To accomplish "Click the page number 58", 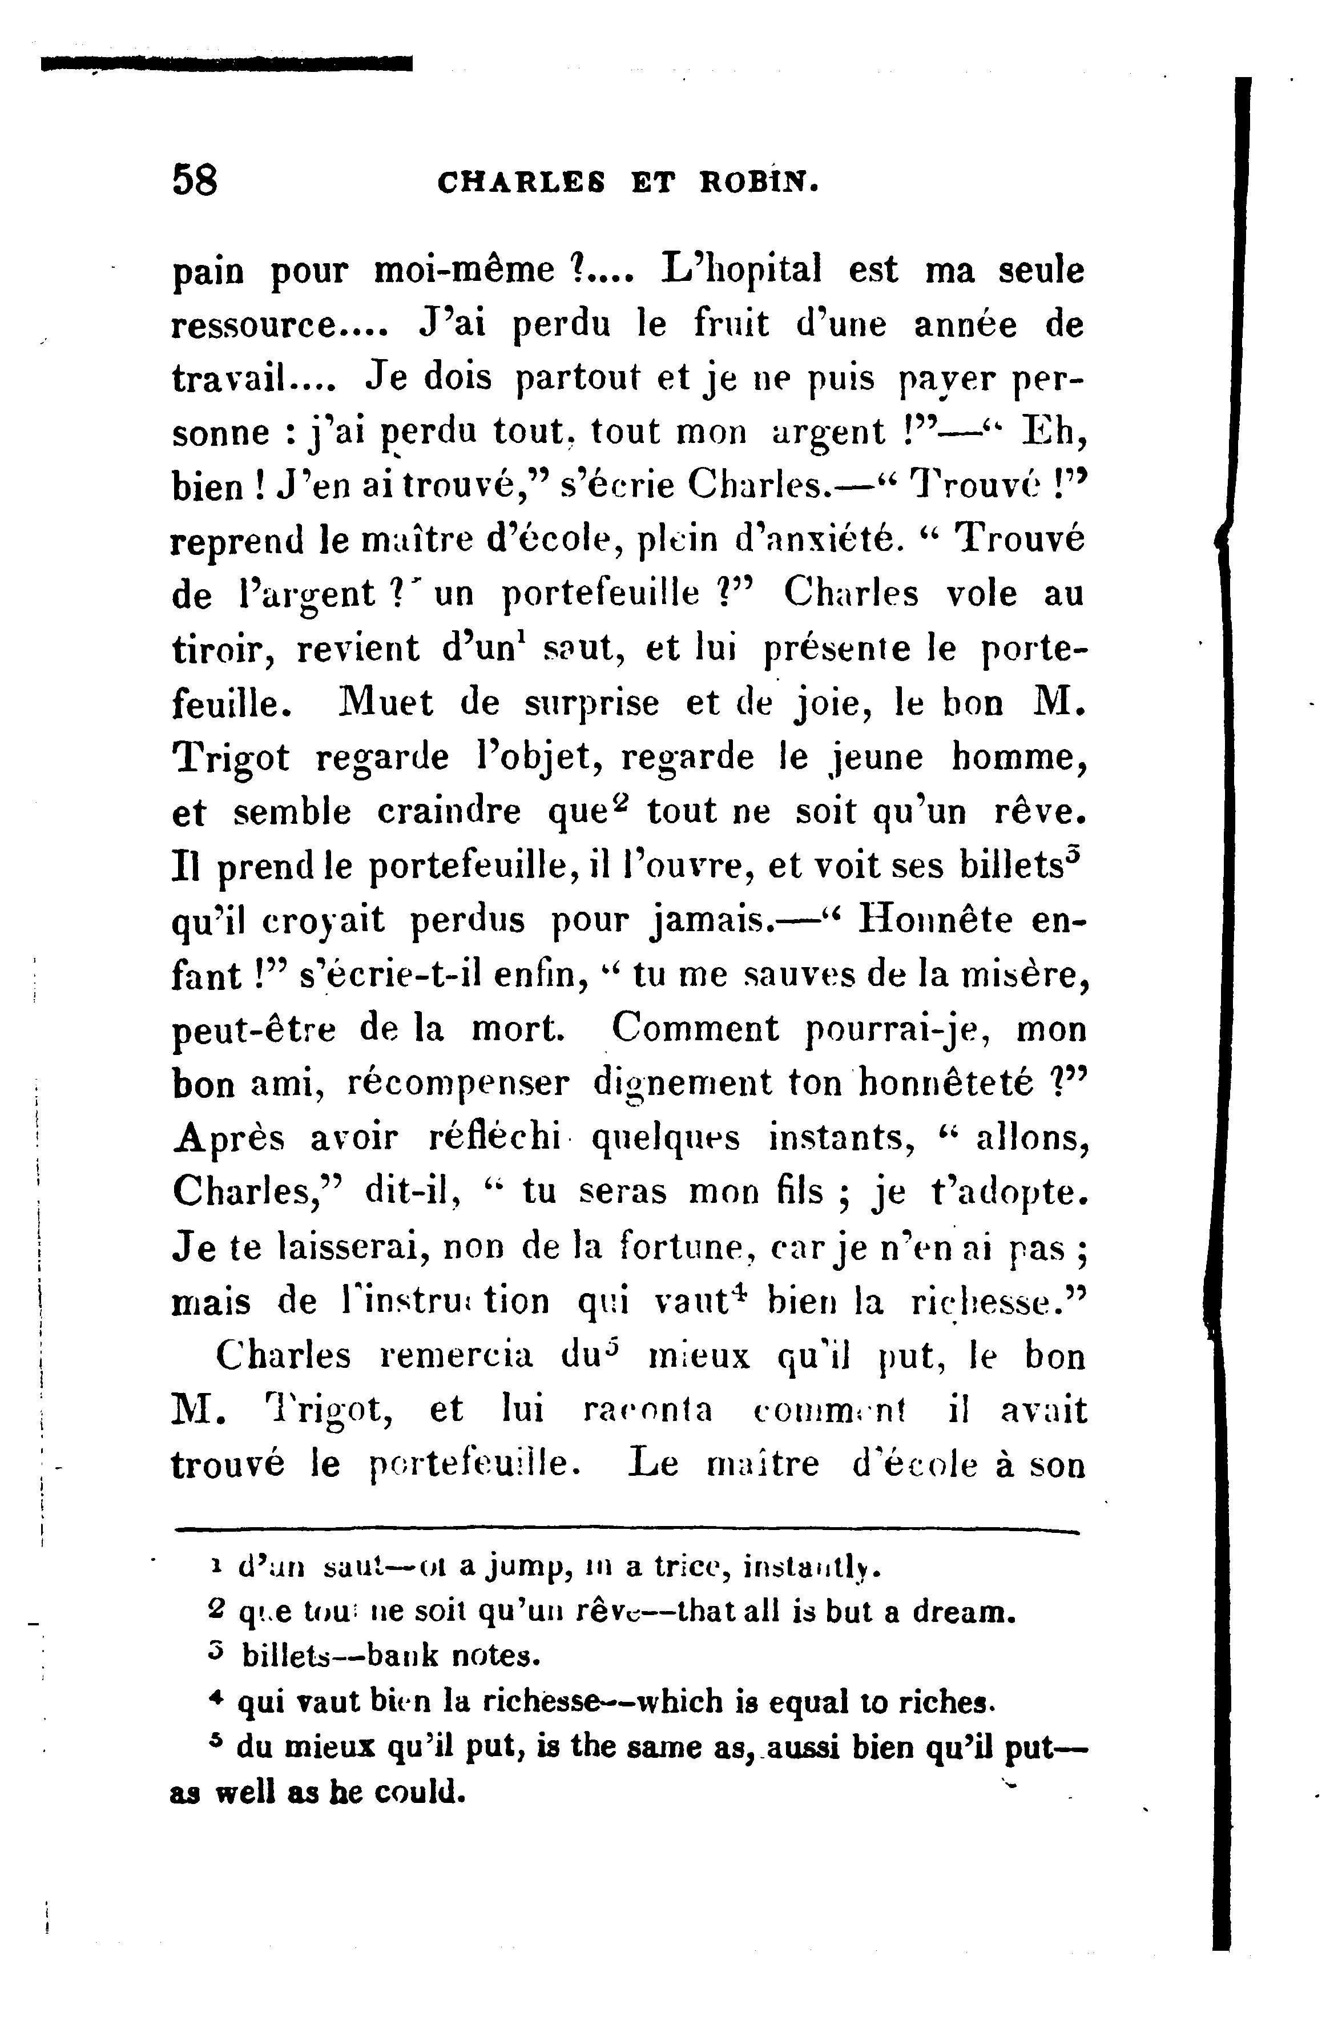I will [x=195, y=180].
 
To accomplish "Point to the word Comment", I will [x=695, y=1029].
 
